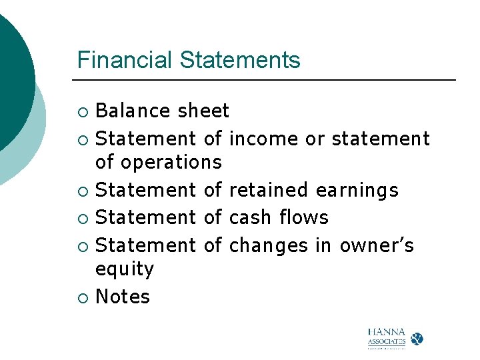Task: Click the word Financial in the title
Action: coord(125,60)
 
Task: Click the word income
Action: coord(264,139)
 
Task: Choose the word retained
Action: coord(269,191)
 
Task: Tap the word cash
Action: coord(250,217)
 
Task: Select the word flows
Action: coord(304,217)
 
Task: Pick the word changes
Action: coord(269,246)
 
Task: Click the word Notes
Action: coord(123,297)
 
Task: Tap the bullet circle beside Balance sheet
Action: coord(82,111)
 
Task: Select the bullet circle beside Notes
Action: coord(82,297)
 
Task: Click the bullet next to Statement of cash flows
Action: coord(82,218)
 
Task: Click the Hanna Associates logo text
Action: coord(387,339)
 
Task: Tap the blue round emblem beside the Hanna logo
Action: coord(417,339)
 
